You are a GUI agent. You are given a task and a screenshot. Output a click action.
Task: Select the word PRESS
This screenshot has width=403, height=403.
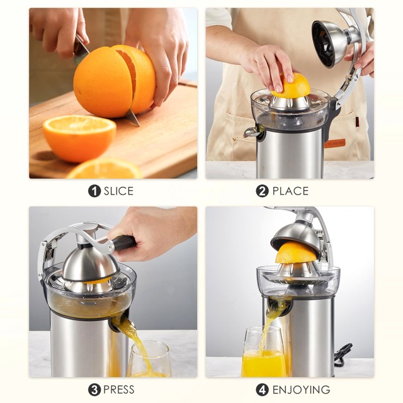click(119, 390)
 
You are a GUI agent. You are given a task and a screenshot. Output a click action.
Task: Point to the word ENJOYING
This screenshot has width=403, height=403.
click(300, 390)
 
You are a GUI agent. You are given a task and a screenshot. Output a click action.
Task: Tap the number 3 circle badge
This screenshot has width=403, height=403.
click(94, 390)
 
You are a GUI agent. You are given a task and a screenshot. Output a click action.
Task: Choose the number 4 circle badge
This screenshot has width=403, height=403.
click(263, 390)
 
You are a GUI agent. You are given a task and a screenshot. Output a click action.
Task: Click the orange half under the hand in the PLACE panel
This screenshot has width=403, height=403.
click(292, 87)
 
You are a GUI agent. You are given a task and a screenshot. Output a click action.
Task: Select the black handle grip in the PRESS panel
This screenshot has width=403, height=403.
click(123, 244)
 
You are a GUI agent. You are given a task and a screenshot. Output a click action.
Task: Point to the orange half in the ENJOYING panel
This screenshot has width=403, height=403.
click(297, 253)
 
